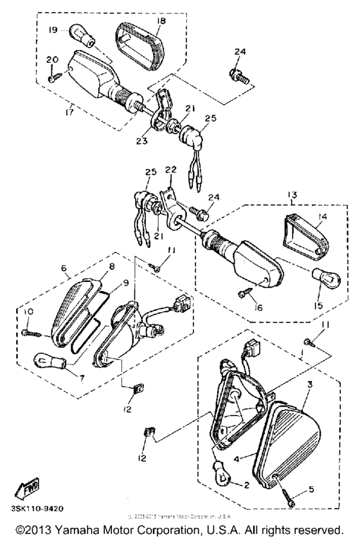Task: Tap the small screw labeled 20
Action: click(x=54, y=78)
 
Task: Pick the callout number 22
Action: click(x=171, y=169)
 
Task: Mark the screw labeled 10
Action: click(x=33, y=333)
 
